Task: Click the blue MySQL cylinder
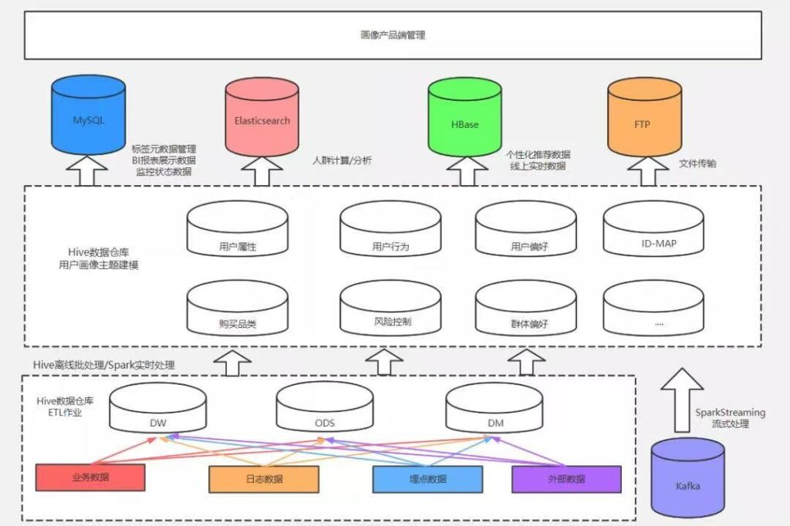point(88,116)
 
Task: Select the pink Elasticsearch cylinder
point(262,117)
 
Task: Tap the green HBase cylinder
point(464,117)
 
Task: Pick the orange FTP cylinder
point(644,117)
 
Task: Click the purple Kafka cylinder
point(687,477)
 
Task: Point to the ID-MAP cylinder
point(653,229)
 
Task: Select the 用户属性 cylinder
point(238,229)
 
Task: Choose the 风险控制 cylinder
point(390,307)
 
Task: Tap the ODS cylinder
point(325,407)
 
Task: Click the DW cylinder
point(157,407)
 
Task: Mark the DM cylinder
point(495,407)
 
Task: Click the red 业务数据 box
point(90,477)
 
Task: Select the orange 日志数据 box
point(264,479)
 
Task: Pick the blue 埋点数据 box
point(427,479)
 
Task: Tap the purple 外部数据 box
point(566,479)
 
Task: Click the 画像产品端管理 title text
point(393,35)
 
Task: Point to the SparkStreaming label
point(730,413)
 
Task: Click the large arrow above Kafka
point(682,400)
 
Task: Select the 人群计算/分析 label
point(342,160)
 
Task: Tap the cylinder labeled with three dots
point(653,307)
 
